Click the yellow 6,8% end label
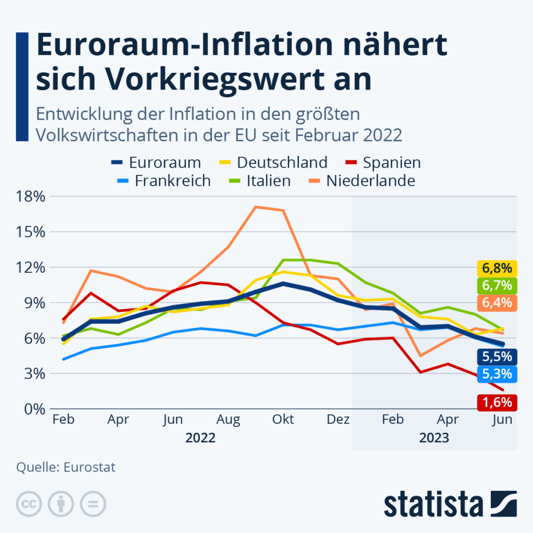[x=497, y=269]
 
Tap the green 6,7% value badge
[x=497, y=285]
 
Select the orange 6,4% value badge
[x=497, y=302]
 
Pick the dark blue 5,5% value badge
[x=497, y=357]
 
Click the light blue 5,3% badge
[x=497, y=374]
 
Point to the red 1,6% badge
[x=497, y=402]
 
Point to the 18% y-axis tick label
[x=30, y=197]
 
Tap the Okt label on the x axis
[x=283, y=420]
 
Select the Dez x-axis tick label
[x=338, y=420]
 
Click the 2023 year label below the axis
[x=434, y=438]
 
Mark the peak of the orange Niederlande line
[x=256, y=207]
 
